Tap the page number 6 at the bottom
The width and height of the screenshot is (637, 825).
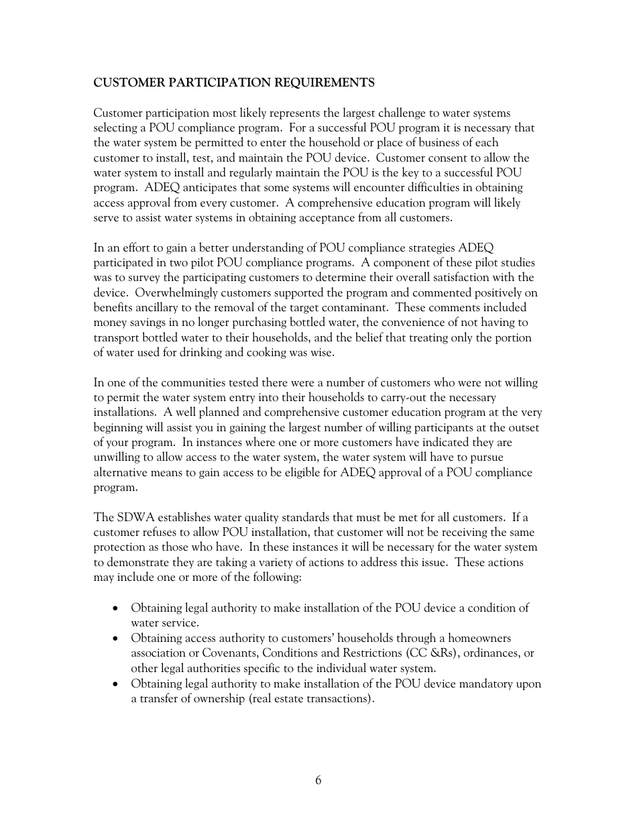coord(318,780)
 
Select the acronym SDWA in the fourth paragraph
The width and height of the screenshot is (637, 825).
coord(134,517)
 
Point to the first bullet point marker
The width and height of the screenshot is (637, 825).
coord(117,608)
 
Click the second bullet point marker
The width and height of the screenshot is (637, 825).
coord(117,639)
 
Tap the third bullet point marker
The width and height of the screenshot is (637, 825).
coord(117,684)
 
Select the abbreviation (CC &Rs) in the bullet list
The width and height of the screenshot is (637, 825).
coord(432,653)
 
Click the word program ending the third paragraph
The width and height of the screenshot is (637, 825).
coord(114,488)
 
